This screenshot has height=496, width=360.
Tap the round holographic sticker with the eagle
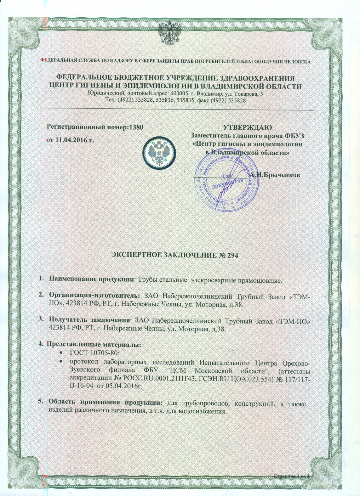tap(158, 151)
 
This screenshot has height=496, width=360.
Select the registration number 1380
tap(136, 126)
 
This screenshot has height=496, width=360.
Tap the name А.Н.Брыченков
tap(275, 175)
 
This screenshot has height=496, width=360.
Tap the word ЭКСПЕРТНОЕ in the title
tap(136, 255)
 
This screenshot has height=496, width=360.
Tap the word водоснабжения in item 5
tap(202, 411)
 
